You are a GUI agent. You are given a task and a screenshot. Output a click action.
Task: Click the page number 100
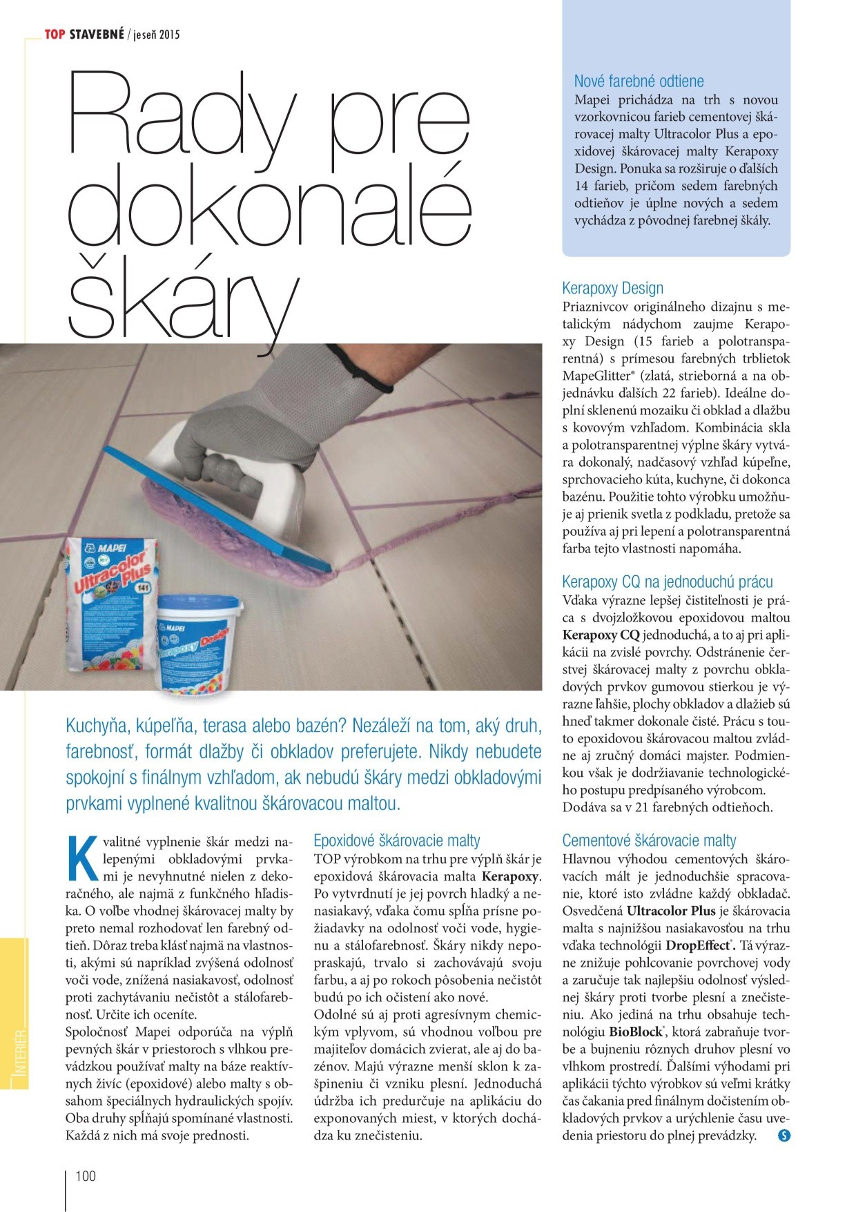pyautogui.click(x=86, y=1176)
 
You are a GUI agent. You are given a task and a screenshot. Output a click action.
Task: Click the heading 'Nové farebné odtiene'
pyautogui.click(x=639, y=81)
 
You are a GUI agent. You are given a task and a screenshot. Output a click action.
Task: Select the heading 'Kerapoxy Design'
pyautogui.click(x=612, y=289)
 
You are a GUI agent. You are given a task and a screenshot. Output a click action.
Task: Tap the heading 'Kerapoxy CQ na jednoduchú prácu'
pyautogui.click(x=667, y=582)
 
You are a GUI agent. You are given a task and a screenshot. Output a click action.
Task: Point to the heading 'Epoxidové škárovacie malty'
pyautogui.click(x=396, y=840)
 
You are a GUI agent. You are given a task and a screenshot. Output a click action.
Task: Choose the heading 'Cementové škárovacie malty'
pyautogui.click(x=649, y=840)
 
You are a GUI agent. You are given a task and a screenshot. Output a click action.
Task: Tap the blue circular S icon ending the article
pyautogui.click(x=784, y=1135)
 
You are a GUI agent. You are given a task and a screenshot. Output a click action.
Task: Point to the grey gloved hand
pyautogui.click(x=290, y=414)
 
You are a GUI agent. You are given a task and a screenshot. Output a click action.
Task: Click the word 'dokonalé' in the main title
pyautogui.click(x=269, y=207)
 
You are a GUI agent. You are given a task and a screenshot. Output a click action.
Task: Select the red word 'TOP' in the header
pyautogui.click(x=55, y=34)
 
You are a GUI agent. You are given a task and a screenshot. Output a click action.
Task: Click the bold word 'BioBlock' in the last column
pyautogui.click(x=635, y=1032)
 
